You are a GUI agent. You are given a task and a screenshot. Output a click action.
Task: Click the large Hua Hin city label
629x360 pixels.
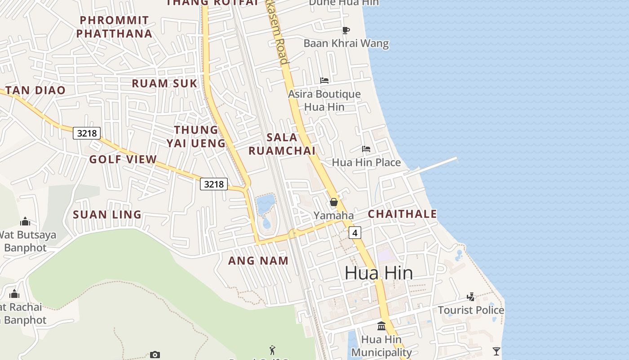(x=379, y=273)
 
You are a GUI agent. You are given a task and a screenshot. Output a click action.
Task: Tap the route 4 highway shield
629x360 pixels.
(x=355, y=233)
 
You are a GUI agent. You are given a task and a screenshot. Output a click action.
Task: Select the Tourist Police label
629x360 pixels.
(x=471, y=310)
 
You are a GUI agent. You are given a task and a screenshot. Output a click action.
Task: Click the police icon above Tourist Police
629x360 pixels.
(x=470, y=297)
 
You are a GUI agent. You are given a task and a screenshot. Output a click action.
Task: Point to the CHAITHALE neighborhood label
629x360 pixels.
(x=402, y=214)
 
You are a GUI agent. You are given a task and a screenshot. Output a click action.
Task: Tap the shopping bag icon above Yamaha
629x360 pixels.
(x=333, y=202)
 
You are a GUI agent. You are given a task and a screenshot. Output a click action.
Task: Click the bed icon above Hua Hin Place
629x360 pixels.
(x=366, y=148)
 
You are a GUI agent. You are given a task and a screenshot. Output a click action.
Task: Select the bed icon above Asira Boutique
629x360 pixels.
(x=324, y=81)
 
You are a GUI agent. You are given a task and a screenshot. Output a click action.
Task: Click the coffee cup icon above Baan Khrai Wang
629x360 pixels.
(x=346, y=30)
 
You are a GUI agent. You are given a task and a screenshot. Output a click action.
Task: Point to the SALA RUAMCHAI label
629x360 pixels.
(x=282, y=144)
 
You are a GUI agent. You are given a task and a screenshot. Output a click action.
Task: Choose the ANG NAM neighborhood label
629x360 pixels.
(x=258, y=261)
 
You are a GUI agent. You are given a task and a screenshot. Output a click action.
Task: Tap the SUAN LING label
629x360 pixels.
(x=107, y=215)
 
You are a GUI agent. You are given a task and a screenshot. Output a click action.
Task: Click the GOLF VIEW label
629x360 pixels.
(x=123, y=159)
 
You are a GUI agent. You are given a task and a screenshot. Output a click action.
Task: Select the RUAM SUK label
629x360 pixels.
(x=164, y=83)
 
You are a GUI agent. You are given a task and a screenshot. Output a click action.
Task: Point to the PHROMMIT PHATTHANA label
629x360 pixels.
(x=114, y=27)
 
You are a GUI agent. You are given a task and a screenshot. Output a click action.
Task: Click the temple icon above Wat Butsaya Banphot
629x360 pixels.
(x=25, y=221)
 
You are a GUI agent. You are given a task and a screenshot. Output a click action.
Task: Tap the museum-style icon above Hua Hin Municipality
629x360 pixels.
(x=381, y=326)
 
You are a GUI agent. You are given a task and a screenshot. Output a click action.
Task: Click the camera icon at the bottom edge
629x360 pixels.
(x=155, y=355)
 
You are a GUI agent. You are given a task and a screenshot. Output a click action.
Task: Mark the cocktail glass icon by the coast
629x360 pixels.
(x=496, y=351)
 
